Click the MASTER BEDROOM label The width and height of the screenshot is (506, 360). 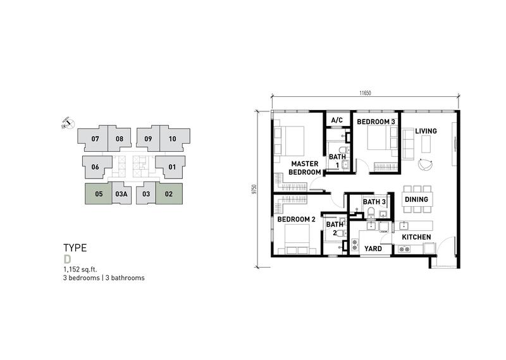(305, 168)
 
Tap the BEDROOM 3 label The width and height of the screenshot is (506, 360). (376, 121)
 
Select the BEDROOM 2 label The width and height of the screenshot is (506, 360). (296, 220)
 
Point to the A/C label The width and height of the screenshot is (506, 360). (337, 120)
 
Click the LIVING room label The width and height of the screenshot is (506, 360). (426, 131)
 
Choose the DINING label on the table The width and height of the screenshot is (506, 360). (416, 199)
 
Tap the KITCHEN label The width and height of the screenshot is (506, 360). (416, 237)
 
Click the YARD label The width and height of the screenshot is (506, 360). (373, 249)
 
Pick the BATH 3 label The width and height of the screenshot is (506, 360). (374, 202)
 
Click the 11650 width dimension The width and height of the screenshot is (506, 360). (366, 93)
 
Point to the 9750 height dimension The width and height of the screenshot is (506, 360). (254, 189)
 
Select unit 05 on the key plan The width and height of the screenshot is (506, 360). (99, 194)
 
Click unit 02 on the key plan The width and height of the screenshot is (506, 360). (169, 194)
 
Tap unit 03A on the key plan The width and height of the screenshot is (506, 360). (121, 194)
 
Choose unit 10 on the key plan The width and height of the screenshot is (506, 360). (173, 139)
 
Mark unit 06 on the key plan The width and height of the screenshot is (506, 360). (96, 167)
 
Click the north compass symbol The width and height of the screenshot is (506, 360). (68, 123)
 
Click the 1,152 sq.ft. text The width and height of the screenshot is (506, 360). (80, 270)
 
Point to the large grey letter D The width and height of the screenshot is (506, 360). (67, 259)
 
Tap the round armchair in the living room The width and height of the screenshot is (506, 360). (425, 164)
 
